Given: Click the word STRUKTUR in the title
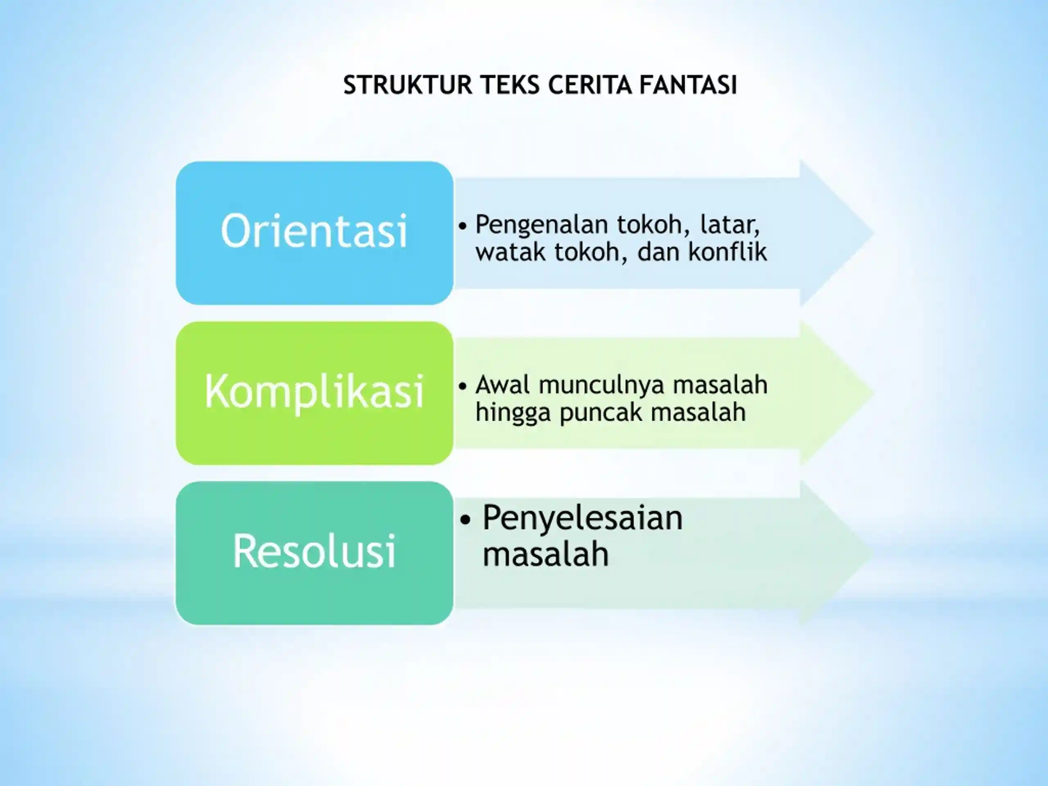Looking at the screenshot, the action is (x=408, y=85).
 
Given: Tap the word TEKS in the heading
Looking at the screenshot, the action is (x=510, y=85).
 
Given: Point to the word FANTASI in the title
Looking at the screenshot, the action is (x=688, y=85).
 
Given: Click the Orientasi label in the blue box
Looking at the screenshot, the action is (x=314, y=231).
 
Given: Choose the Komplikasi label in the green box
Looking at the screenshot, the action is (x=314, y=391).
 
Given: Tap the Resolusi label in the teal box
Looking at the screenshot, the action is (x=314, y=551).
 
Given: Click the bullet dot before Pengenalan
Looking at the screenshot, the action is (x=463, y=226).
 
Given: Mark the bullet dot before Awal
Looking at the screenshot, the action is (x=463, y=386).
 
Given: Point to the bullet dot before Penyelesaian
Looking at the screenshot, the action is (x=466, y=520).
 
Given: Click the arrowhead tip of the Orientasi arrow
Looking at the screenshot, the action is (x=874, y=233).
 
